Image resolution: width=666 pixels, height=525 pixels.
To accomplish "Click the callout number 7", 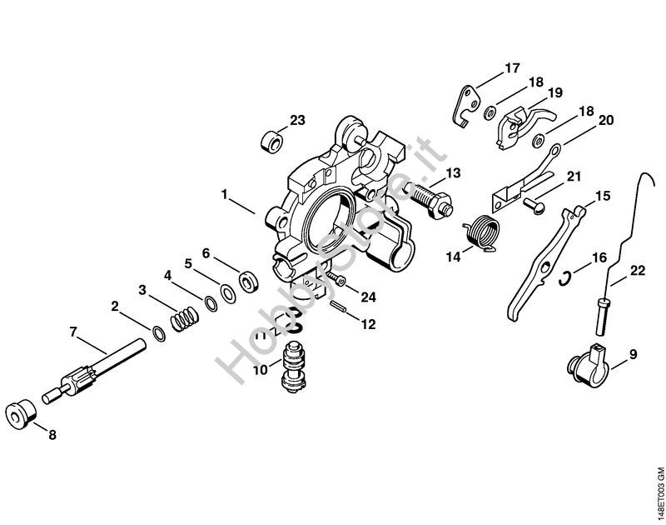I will tap(73, 332).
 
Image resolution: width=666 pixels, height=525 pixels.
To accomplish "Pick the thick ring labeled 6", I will tap(248, 281).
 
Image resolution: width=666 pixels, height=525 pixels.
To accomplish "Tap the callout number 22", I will tap(637, 269).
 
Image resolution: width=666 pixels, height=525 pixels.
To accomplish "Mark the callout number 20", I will tap(606, 120).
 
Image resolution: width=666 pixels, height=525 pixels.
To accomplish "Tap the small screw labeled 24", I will tap(336, 277).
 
